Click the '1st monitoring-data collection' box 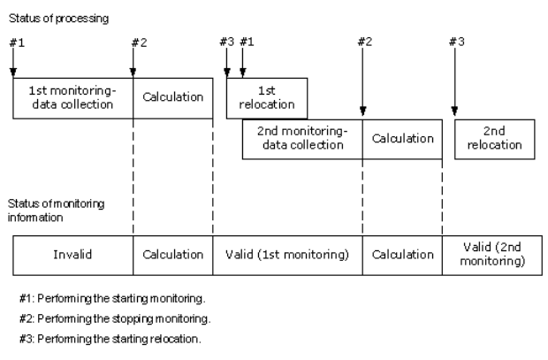point(73,98)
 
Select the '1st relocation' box point(267,98)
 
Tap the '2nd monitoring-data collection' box point(302,139)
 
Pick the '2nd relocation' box point(495,139)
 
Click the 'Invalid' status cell point(73,256)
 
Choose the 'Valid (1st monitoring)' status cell point(287,256)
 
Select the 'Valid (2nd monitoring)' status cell point(492,256)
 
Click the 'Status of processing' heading point(58,19)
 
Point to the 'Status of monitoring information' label point(56,211)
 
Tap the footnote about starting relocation point(110,339)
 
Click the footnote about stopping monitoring point(115,318)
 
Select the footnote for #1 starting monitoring point(112,298)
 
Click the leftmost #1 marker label point(17,42)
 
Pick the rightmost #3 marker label point(457,42)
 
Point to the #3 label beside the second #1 point(227,42)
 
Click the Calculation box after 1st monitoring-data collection point(173,98)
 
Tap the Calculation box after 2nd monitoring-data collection point(403,139)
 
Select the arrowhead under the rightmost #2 point(362,111)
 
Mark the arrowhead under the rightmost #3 point(454,111)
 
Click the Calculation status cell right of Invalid point(173,256)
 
